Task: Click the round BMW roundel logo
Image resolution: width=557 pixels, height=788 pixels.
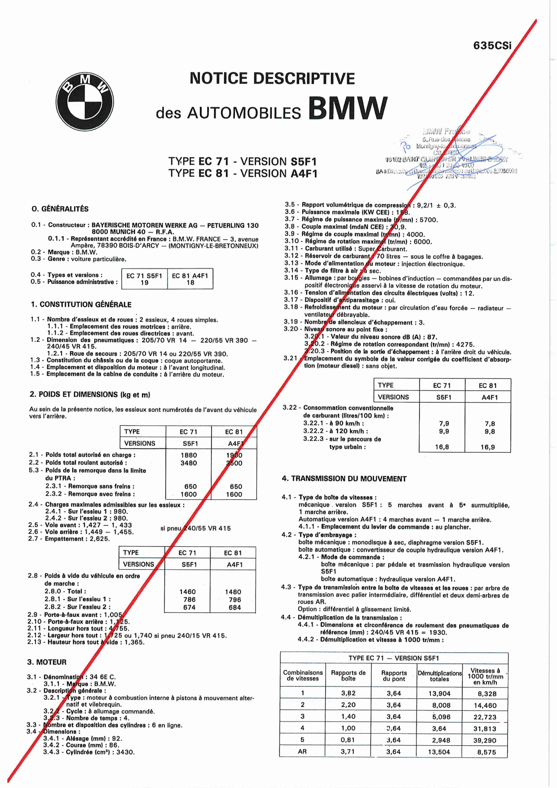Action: click(84, 102)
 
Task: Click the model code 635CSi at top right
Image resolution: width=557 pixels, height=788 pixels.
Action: click(492, 46)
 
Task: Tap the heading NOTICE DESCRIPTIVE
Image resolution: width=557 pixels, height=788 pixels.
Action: click(272, 79)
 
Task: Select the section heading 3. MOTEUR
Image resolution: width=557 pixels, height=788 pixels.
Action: click(47, 662)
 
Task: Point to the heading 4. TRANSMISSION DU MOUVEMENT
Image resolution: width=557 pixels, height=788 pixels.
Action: click(344, 479)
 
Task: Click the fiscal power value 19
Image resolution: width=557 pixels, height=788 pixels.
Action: click(144, 283)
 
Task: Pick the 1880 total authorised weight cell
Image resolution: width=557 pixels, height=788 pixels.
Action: click(189, 455)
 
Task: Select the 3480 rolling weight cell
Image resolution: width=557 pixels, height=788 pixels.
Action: click(189, 463)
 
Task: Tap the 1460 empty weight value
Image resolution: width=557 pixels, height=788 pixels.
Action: click(188, 592)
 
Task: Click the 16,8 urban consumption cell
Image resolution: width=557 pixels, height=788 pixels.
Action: click(442, 447)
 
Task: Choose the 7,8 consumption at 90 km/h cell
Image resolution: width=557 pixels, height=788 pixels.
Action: click(490, 423)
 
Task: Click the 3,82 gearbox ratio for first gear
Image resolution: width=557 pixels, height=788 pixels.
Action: click(348, 693)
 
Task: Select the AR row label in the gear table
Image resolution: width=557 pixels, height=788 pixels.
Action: click(302, 752)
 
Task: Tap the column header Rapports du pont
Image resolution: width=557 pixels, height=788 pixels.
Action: click(394, 676)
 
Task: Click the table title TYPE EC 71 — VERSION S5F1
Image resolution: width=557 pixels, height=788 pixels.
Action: click(394, 658)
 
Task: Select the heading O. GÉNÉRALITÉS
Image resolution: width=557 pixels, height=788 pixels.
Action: click(60, 209)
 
